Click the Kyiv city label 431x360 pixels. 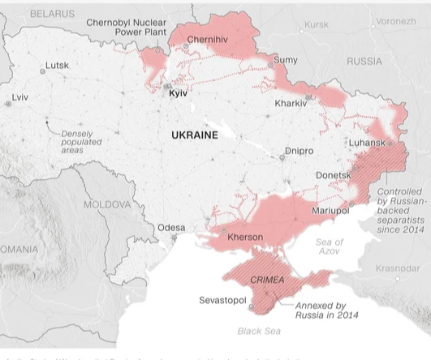(178, 94)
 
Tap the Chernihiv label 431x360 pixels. (208, 39)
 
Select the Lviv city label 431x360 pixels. (19, 97)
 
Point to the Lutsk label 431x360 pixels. (57, 65)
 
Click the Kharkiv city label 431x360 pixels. (290, 104)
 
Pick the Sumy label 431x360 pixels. (286, 60)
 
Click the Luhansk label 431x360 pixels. (366, 143)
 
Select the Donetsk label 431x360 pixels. (333, 174)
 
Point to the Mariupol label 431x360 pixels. (330, 211)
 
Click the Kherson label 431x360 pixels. (246, 237)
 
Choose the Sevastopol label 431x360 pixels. (222, 301)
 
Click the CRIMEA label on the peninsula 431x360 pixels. (267, 280)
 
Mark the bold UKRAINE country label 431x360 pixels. (195, 135)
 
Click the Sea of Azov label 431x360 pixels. (329, 247)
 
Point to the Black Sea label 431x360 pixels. (259, 331)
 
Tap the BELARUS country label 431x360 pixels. (52, 14)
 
